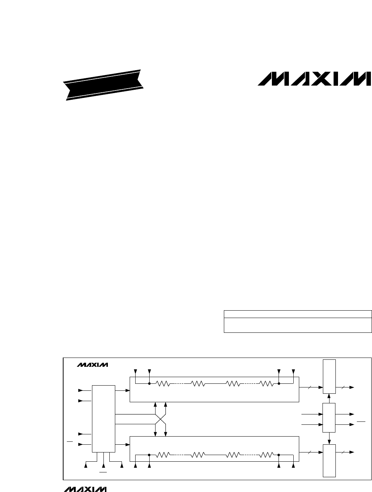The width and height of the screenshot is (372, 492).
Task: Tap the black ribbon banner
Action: pyautogui.click(x=104, y=85)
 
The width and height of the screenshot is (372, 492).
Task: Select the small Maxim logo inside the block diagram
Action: pyautogui.click(x=93, y=365)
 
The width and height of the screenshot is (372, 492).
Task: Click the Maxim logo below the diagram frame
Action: pyautogui.click(x=85, y=489)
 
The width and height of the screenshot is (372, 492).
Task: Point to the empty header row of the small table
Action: pyautogui.click(x=297, y=314)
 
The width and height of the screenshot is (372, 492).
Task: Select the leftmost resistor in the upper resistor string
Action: pyautogui.click(x=163, y=384)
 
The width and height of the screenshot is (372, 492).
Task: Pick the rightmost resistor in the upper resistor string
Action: pyautogui.click(x=267, y=384)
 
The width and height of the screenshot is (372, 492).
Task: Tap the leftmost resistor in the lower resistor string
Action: pyautogui.click(x=163, y=455)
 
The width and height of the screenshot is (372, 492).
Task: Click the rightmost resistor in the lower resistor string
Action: pyautogui.click(x=267, y=455)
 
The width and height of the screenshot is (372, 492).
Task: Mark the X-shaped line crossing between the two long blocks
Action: pyautogui.click(x=160, y=419)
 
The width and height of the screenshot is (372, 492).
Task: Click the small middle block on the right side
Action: pyautogui.click(x=329, y=418)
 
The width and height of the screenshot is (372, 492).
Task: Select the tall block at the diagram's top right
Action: pyautogui.click(x=329, y=377)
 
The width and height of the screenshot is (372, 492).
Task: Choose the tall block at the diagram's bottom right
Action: pyautogui.click(x=329, y=461)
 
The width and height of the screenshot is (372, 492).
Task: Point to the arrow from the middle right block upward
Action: pyautogui.click(x=329, y=401)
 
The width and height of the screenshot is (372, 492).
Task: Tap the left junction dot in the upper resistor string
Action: pyautogui.click(x=149, y=384)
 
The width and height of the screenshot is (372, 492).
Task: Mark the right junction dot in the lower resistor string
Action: pyautogui.click(x=279, y=455)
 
